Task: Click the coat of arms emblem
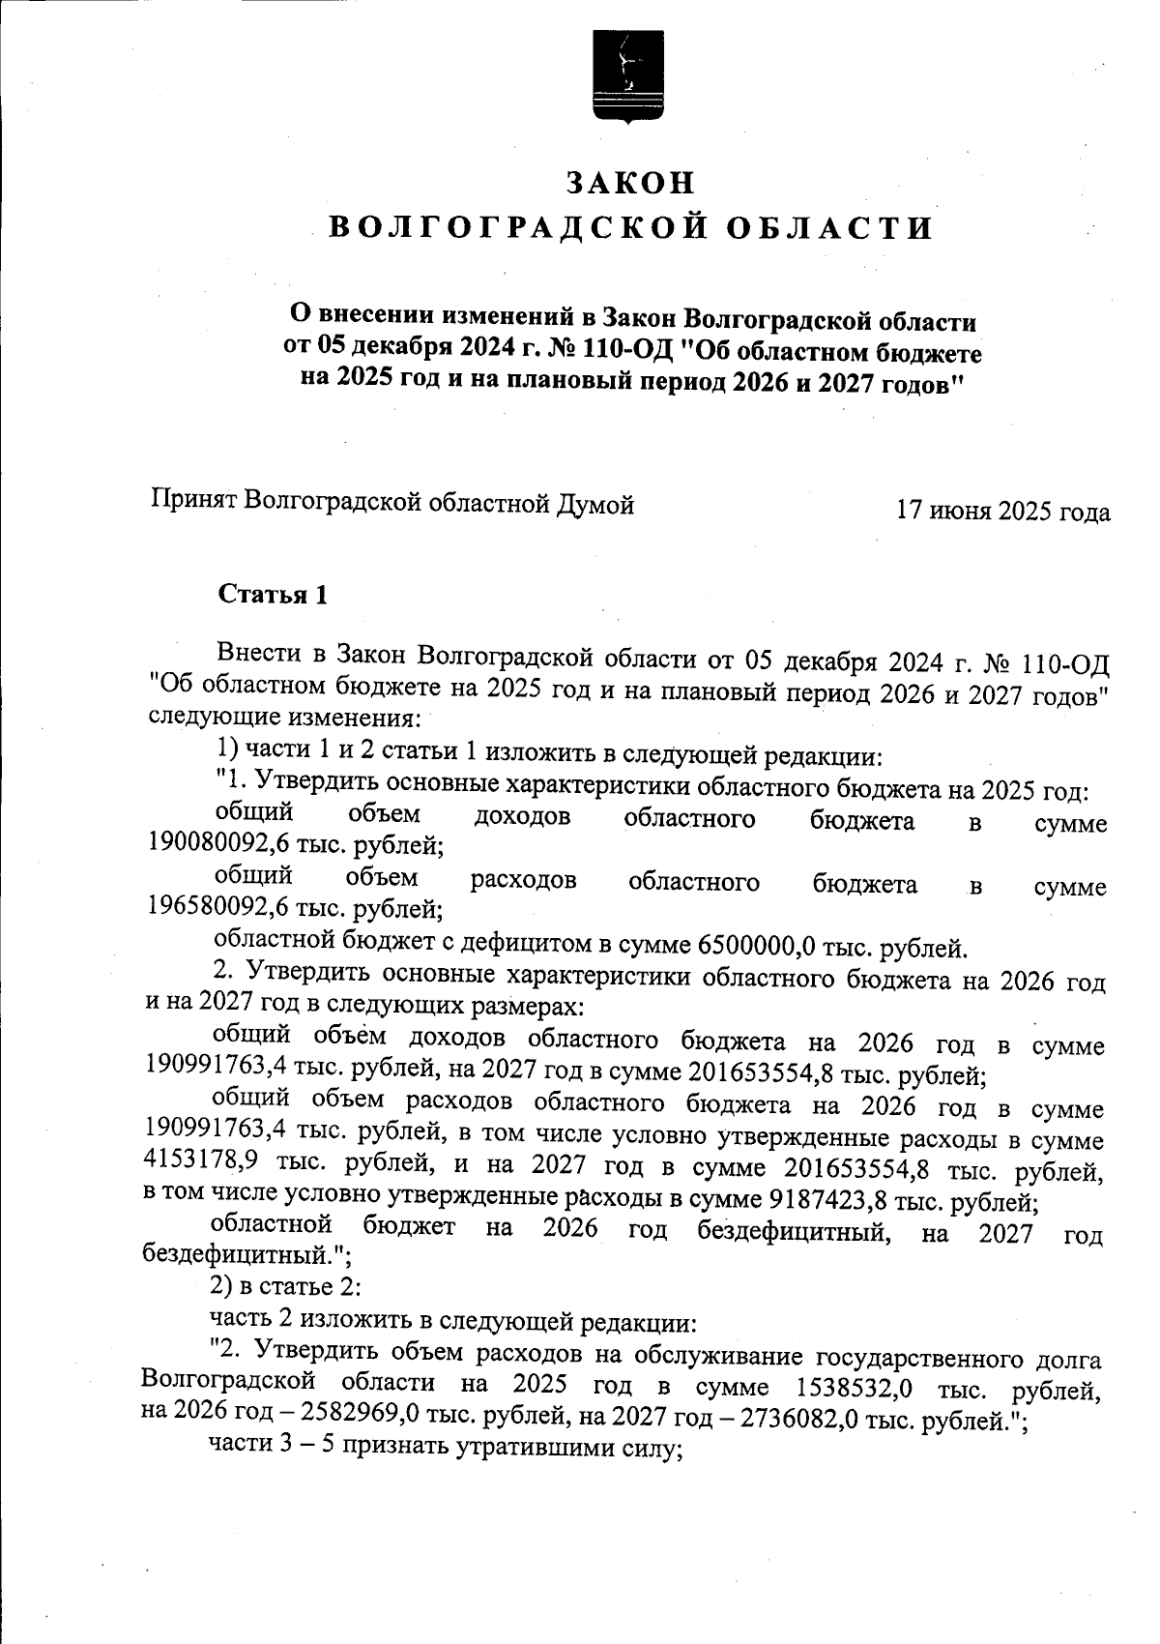pyautogui.click(x=629, y=78)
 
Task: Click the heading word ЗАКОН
pyautogui.click(x=629, y=184)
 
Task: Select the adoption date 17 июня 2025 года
pyautogui.click(x=1002, y=511)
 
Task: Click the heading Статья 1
pyautogui.click(x=273, y=595)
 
